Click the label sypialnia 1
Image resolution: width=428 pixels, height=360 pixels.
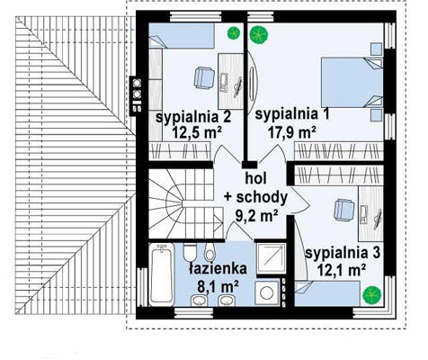pyautogui.click(x=292, y=115)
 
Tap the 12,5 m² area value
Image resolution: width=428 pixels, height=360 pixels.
pyautogui.click(x=197, y=132)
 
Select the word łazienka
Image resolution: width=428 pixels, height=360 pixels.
pyautogui.click(x=218, y=268)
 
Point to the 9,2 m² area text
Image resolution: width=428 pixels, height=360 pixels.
pyautogui.click(x=256, y=215)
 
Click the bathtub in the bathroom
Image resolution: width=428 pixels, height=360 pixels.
pyautogui.click(x=162, y=274)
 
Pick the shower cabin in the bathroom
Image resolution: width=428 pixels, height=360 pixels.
pyautogui.click(x=270, y=259)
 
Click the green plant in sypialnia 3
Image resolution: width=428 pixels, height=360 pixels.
pyautogui.click(x=371, y=294)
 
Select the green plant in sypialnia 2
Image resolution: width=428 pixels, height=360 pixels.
pyautogui.click(x=234, y=32)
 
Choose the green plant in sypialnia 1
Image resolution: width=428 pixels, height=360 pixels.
pyautogui.click(x=259, y=35)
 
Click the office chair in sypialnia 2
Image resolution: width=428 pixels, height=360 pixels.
pyautogui.click(x=204, y=77)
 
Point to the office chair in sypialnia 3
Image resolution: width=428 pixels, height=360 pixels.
pyautogui.click(x=344, y=211)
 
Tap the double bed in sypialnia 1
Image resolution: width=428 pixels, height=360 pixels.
pyautogui.click(x=352, y=82)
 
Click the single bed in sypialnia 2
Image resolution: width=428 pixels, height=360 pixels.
pyautogui.click(x=182, y=36)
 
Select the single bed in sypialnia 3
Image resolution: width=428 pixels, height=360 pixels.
pyautogui.click(x=327, y=293)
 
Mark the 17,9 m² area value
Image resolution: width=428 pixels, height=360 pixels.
pyautogui.click(x=292, y=132)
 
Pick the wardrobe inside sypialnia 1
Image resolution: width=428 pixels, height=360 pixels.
pyautogui.click(x=339, y=151)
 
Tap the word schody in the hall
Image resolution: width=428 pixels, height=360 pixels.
pyautogui.click(x=262, y=197)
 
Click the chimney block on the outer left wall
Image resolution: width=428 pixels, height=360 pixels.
pyautogui.click(x=136, y=96)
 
